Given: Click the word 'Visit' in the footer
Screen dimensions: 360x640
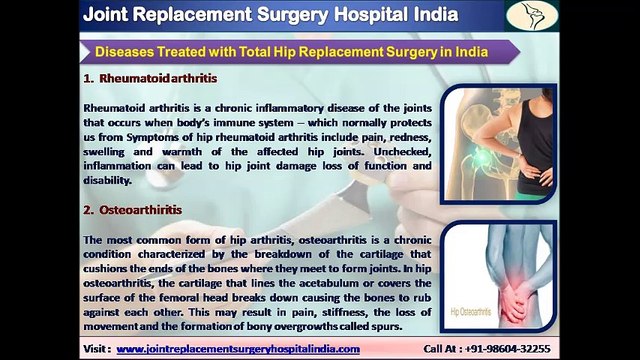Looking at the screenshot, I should coord(89,349).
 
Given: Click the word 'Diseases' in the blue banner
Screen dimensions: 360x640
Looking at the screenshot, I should coord(133,51).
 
